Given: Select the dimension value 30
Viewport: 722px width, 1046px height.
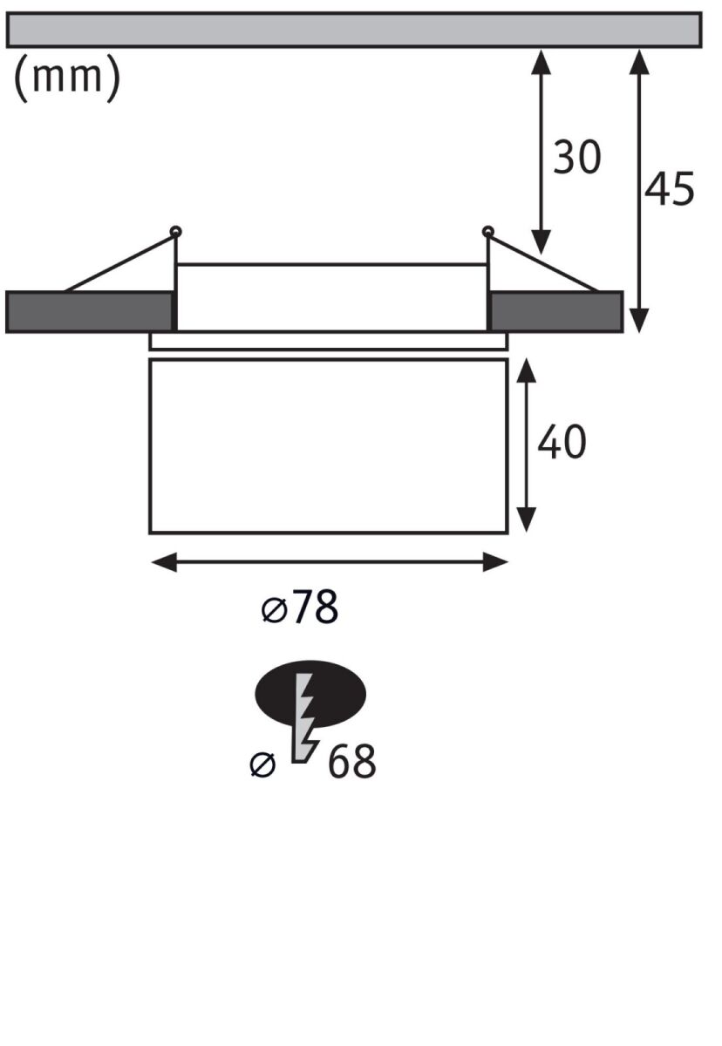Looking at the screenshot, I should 577,158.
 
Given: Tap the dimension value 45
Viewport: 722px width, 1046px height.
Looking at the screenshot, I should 670,188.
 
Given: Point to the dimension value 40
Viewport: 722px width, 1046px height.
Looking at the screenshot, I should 562,443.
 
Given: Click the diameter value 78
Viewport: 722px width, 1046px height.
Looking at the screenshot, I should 315,608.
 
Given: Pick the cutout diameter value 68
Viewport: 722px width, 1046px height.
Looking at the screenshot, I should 351,763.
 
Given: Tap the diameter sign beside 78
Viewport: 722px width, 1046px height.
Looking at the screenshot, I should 274,610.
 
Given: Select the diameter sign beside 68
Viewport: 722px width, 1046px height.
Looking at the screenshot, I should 262,764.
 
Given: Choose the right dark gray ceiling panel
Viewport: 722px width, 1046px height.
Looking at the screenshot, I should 555,312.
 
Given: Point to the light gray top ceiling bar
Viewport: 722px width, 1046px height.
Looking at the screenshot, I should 353,30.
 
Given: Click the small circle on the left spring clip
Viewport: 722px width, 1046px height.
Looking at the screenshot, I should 176,232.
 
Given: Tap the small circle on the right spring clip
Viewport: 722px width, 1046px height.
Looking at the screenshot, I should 487,232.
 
